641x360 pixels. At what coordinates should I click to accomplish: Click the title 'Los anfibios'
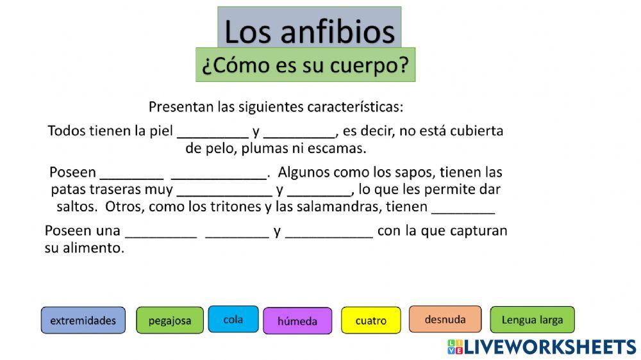309,31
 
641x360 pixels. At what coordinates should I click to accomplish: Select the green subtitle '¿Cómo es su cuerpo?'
305,65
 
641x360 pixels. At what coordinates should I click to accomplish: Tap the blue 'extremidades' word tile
83,320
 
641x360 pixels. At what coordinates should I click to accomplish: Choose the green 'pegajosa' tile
170,320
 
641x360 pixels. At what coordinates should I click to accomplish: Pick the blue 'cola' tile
233,319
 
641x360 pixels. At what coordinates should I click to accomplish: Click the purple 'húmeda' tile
297,321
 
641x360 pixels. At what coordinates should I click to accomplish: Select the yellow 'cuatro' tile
370,320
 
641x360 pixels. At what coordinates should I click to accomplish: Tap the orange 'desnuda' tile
445,318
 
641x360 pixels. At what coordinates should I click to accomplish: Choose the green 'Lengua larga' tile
532,320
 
